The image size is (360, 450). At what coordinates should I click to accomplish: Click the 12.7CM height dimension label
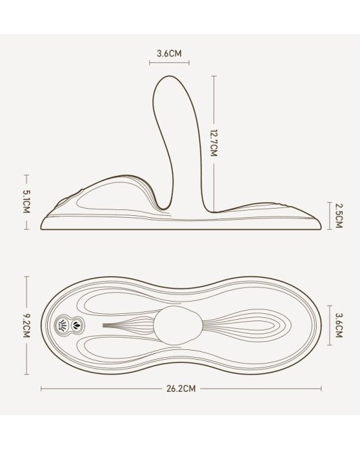[x=213, y=143]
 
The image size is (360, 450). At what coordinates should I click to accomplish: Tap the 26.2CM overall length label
[x=181, y=389]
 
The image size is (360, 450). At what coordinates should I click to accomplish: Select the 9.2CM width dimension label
[x=26, y=326]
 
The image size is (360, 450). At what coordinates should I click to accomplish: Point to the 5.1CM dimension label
[x=26, y=201]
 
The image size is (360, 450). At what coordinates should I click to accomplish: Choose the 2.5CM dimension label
[x=339, y=216]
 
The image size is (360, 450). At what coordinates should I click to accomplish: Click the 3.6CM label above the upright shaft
[x=170, y=54]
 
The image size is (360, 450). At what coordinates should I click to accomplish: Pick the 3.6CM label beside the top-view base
[x=339, y=325]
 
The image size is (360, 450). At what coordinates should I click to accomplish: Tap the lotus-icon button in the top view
[x=77, y=324]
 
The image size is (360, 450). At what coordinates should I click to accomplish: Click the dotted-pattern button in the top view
[x=62, y=325]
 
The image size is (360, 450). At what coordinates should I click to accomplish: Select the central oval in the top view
[x=178, y=326]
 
